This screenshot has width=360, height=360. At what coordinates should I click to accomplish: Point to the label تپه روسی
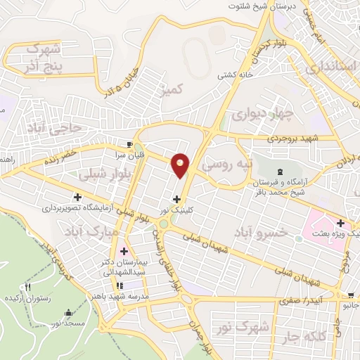point(226,165)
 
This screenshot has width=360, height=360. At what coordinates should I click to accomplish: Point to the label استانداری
point(330,67)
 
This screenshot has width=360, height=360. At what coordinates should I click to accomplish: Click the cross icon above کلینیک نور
point(176,200)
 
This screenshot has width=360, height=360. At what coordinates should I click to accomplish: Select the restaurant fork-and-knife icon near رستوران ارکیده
point(29,287)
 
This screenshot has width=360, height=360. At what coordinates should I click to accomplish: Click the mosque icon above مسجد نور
point(67,313)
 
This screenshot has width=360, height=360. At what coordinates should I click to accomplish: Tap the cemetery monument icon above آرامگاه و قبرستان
point(281,172)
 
